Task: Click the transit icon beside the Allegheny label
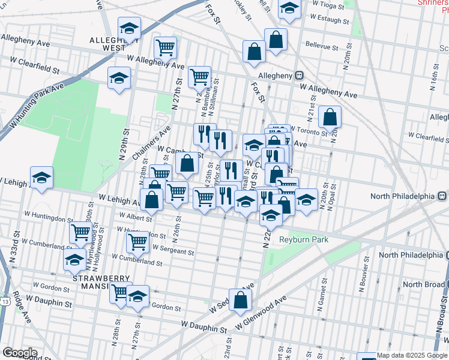298,76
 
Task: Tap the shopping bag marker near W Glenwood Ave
240,302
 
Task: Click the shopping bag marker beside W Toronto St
330,118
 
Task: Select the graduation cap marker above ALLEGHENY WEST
129,28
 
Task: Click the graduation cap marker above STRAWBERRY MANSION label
74,260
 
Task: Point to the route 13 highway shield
4,299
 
